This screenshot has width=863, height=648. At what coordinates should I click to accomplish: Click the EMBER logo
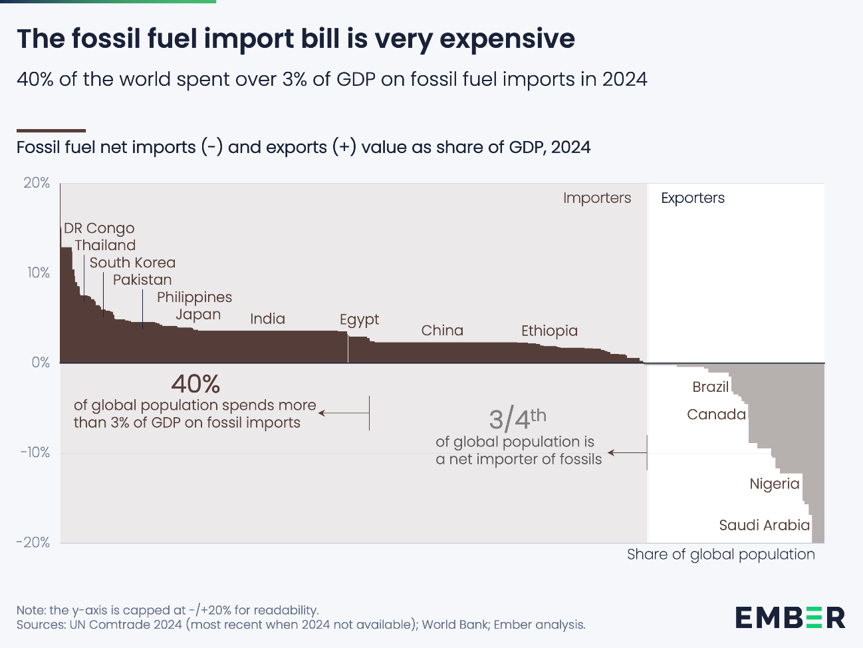(x=790, y=617)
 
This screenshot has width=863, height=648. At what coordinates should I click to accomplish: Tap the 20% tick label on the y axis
(x=37, y=183)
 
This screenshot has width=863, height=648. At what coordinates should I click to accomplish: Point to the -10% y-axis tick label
(x=35, y=452)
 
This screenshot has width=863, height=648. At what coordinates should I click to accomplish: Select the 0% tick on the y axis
(x=41, y=363)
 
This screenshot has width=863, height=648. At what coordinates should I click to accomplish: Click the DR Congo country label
(x=99, y=228)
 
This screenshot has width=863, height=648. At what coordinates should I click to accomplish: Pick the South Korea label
(x=132, y=263)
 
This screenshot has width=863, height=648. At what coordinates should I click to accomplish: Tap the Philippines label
(x=194, y=297)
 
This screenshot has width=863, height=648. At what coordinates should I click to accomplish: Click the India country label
(x=267, y=319)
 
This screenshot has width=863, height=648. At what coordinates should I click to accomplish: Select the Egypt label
(x=359, y=319)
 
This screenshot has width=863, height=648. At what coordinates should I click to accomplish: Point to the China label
(x=442, y=331)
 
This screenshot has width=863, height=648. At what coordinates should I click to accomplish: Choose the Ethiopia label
(x=549, y=331)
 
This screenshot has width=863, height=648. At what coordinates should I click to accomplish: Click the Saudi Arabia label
(x=764, y=525)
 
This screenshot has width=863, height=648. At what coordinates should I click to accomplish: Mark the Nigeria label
(x=774, y=484)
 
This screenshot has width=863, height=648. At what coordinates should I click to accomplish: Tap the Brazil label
(x=710, y=387)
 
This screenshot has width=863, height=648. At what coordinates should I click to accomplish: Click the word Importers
(x=596, y=198)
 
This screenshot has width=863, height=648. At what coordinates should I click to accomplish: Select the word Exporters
(x=692, y=198)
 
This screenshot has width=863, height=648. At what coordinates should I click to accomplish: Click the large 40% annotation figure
(x=195, y=384)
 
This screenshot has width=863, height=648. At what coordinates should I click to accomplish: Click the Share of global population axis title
(x=720, y=554)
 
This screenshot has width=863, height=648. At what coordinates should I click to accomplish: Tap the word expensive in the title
(x=507, y=39)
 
